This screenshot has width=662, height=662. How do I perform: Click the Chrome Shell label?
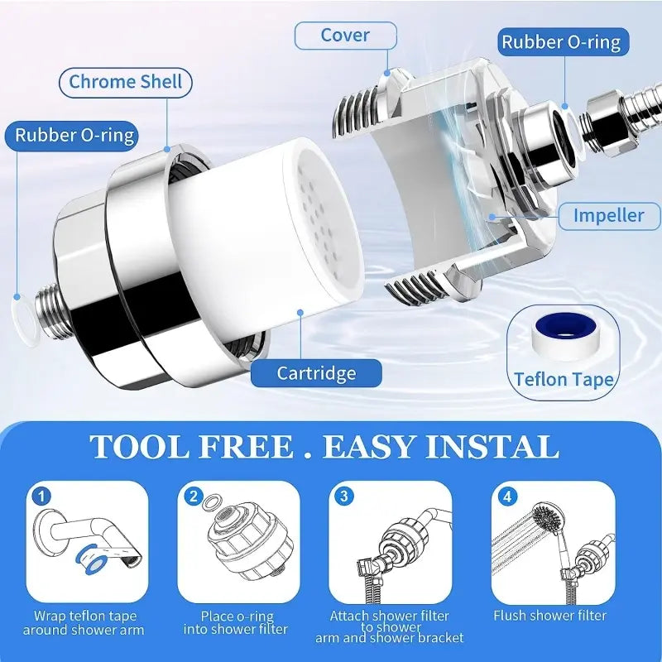(125, 82)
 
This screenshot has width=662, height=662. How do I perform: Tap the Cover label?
(346, 35)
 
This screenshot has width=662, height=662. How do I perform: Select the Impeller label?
(609, 215)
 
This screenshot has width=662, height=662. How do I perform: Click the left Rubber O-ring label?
(74, 135)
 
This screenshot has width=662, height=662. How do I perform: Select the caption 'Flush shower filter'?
(549, 616)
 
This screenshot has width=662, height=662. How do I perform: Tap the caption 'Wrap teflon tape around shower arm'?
(85, 623)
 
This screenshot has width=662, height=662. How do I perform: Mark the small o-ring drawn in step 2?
(212, 501)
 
